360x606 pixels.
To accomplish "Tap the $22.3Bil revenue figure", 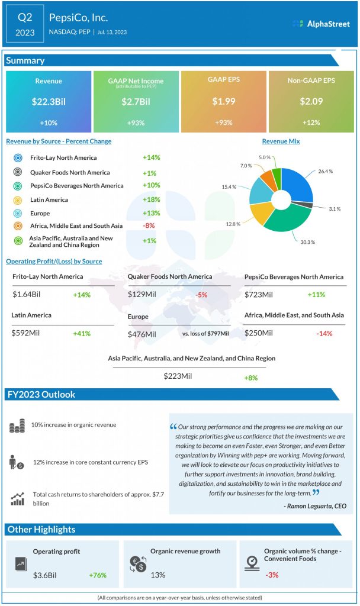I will click(x=49, y=102).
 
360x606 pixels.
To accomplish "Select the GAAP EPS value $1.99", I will click(x=223, y=102).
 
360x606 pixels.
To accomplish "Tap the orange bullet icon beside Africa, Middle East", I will click(x=18, y=227).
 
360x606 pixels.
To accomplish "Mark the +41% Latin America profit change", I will click(x=82, y=333).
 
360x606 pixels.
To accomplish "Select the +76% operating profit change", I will click(x=98, y=575).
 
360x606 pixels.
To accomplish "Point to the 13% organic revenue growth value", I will click(x=158, y=575).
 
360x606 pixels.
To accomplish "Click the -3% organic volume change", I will click(x=272, y=575).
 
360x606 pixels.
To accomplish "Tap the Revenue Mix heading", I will click(x=281, y=141).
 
